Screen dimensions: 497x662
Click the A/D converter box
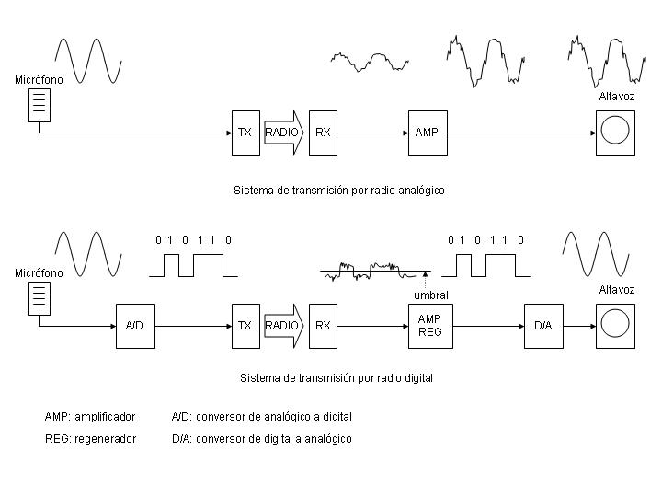coord(134,326)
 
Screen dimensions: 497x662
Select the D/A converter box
coord(542,326)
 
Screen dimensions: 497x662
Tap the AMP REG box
coord(430,325)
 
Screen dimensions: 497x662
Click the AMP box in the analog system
coord(427,133)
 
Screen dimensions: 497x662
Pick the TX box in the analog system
coord(245,133)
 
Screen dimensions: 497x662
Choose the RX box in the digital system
coord(323,326)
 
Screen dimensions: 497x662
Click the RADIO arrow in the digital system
coord(283,326)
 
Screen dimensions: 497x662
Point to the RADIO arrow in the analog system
coord(283,133)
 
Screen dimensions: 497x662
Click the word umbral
coord(430,295)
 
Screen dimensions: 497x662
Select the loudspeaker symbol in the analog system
coord(614,132)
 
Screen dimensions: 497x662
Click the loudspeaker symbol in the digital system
coord(614,326)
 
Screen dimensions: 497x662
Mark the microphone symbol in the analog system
coord(39,105)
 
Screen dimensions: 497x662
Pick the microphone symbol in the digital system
coord(39,296)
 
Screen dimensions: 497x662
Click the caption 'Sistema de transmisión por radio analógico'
coord(339,191)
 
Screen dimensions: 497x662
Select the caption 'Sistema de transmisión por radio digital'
coord(336,377)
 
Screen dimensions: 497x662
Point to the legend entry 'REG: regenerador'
coord(90,439)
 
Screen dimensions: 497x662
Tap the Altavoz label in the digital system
coord(616,290)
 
